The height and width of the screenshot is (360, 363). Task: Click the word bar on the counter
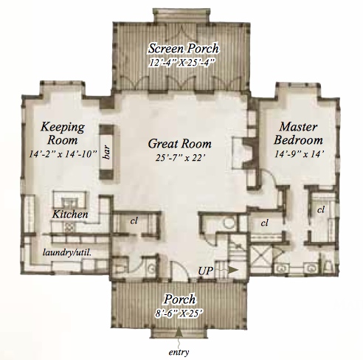point(108,153)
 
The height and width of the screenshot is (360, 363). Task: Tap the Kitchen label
point(71,214)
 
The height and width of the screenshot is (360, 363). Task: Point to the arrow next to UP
point(232,271)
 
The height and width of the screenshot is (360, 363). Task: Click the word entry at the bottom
point(179,351)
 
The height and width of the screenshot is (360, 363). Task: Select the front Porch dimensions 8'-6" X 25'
point(181,313)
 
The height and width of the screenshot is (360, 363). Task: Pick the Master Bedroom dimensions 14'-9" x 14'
point(298,153)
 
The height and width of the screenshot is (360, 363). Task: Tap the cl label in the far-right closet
point(321,210)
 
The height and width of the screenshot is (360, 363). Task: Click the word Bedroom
point(298,139)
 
